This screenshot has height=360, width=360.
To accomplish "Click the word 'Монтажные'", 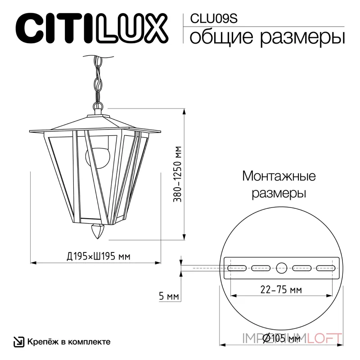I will [279, 175].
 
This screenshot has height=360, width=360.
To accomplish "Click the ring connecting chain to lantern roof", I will [98, 107].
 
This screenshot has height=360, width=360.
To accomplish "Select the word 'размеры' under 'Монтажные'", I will [279, 194].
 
